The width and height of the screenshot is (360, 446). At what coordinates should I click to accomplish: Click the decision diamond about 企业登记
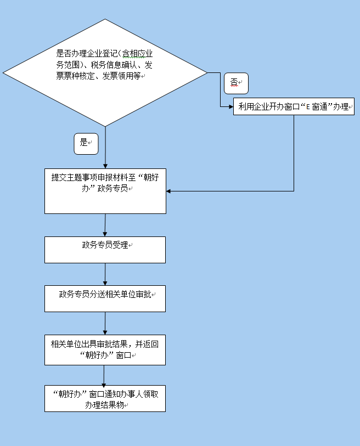coord(105,72)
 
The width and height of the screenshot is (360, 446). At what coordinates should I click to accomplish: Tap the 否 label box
coord(236,83)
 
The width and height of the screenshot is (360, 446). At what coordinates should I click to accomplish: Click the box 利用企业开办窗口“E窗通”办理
coord(294,107)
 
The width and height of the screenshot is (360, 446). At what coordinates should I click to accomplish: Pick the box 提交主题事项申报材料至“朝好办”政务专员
coord(105,191)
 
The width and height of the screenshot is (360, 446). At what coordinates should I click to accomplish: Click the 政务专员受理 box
coord(105,250)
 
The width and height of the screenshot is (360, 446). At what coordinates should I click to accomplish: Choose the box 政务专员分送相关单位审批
coord(105,298)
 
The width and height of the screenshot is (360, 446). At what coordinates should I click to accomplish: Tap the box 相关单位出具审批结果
coord(105,349)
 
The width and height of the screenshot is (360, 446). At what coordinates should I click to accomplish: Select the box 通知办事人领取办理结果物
coord(105,398)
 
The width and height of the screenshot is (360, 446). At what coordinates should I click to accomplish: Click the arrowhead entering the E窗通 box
coord(231,106)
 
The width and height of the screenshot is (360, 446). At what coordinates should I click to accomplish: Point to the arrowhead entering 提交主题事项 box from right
coord(169,191)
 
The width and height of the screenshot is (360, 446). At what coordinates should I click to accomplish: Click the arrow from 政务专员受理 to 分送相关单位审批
coord(105,274)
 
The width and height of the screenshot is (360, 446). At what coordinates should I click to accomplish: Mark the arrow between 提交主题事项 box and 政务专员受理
coord(105,225)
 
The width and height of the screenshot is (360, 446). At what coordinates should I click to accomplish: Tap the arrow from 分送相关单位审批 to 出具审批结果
coord(105,323)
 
